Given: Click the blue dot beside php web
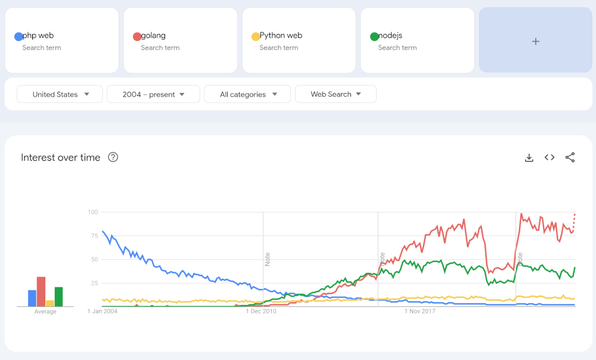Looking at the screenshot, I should (x=18, y=36).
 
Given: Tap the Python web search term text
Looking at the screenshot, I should (x=281, y=35).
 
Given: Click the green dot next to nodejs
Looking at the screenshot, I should (x=374, y=36).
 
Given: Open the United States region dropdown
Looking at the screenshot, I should (x=60, y=94).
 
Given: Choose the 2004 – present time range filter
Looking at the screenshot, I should (x=153, y=94).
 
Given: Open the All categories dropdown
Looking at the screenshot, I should (x=247, y=94).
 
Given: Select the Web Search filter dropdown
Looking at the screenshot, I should (x=336, y=94).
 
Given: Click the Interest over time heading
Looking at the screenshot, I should (x=60, y=157).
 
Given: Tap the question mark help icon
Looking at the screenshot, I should (x=113, y=157).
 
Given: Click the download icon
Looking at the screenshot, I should (x=529, y=157).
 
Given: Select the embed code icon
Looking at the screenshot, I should (x=550, y=157).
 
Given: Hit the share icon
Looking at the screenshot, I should (x=570, y=157).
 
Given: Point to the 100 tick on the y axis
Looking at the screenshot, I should (x=92, y=212).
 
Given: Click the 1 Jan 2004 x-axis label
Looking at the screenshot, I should (x=103, y=311).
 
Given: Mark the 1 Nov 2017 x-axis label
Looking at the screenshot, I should (x=421, y=311).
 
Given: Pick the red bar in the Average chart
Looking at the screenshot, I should (x=41, y=291).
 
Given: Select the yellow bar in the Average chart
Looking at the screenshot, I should (x=50, y=303).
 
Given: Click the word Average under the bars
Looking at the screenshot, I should (x=45, y=312).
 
